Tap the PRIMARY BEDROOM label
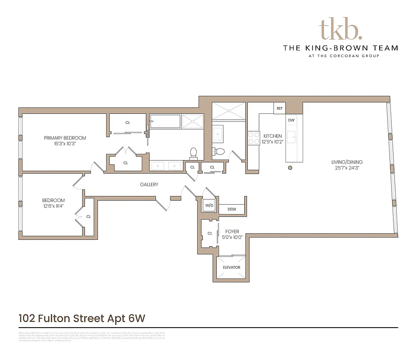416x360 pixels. point(65,138)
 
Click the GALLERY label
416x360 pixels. point(149,184)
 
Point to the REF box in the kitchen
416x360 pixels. point(279,108)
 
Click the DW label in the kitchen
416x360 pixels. point(291,120)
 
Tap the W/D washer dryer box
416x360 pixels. point(209,206)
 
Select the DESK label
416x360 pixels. point(232,209)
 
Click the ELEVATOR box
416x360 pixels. point(232,267)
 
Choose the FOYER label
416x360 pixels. point(232,232)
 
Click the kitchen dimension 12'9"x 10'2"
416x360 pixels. point(273,142)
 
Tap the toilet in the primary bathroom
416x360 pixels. point(194,153)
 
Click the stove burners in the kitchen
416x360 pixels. point(253,138)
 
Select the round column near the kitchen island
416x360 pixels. point(290,168)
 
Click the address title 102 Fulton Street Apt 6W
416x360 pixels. point(82,318)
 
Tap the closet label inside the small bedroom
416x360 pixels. point(89,216)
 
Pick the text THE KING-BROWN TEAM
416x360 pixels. point(340,48)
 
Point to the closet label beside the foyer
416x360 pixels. point(210,233)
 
